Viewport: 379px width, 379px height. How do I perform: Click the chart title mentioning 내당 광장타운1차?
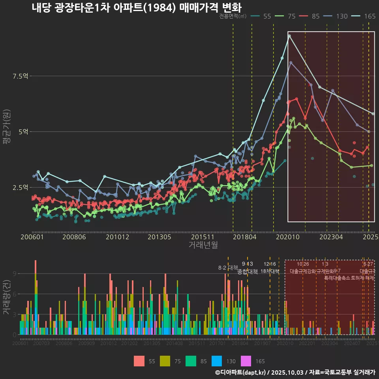(x=136, y=8)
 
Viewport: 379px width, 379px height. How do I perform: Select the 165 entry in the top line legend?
(x=370, y=16)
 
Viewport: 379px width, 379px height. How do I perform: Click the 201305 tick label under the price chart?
(x=159, y=237)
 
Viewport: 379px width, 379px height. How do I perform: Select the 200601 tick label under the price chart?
(x=32, y=237)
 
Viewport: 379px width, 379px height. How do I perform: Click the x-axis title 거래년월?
(x=203, y=245)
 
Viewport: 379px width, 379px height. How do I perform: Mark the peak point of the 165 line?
(x=289, y=36)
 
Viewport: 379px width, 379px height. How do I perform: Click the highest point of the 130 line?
(x=291, y=62)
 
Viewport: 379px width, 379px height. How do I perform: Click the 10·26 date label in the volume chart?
(x=303, y=264)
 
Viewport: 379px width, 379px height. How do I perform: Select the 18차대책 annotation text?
(x=270, y=271)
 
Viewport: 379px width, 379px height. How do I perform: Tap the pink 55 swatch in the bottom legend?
(x=139, y=361)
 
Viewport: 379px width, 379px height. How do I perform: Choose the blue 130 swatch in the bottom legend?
(x=217, y=361)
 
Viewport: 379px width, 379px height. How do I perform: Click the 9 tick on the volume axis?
(x=15, y=274)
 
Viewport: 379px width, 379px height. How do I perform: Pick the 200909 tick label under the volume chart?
(x=86, y=343)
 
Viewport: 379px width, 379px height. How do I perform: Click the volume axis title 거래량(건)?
(x=6, y=297)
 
